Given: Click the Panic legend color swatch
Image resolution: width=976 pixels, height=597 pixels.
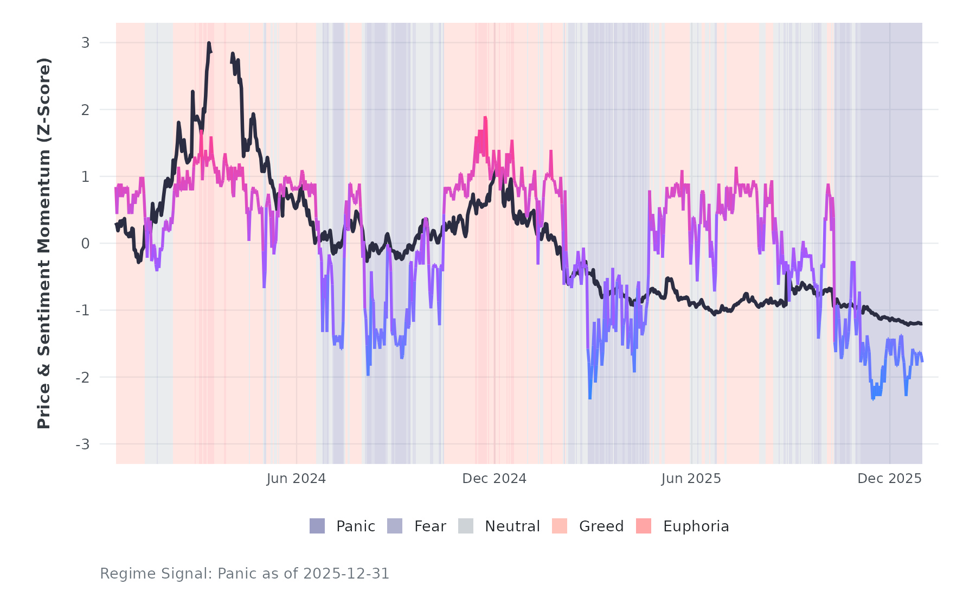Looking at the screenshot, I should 317,526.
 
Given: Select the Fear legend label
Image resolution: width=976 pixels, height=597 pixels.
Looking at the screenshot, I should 430,526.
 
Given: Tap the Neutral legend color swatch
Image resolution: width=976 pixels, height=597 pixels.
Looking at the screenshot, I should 466,526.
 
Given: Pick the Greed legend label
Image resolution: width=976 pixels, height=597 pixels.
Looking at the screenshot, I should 601,526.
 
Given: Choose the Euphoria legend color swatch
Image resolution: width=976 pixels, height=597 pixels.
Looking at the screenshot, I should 644,526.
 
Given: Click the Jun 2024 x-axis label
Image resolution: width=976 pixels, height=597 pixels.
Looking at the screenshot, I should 296,479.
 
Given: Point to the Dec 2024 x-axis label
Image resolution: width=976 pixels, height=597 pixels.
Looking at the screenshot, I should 494,479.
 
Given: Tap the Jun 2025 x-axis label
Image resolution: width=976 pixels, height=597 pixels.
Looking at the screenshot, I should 691,479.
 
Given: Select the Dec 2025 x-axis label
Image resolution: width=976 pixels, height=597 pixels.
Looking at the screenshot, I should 889,479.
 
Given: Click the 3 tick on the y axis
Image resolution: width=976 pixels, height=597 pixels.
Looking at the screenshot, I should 86,43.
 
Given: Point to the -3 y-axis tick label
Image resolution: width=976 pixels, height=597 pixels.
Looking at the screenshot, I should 83,444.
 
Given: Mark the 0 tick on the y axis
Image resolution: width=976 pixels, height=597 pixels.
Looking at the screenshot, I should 86,244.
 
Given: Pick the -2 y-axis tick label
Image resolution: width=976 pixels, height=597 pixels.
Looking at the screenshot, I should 83,377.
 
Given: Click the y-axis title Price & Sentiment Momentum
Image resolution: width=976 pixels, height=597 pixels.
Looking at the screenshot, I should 44,243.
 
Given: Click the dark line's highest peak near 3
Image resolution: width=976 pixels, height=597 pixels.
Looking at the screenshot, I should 209,43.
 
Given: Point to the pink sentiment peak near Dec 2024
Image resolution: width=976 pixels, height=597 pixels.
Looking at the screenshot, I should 485,118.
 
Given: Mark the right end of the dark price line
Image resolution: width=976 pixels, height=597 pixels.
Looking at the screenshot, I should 921,324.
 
